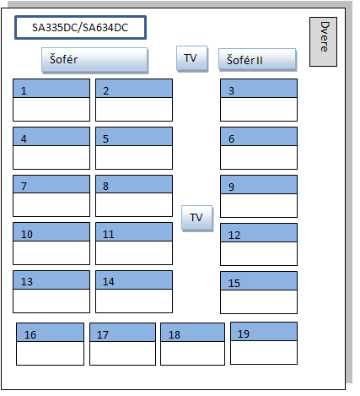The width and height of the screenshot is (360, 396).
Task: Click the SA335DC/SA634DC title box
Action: pyautogui.click(x=80, y=28)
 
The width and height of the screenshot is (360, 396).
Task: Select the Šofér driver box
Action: pyautogui.click(x=94, y=60)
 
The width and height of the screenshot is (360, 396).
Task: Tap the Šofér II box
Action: pyautogui.click(x=257, y=60)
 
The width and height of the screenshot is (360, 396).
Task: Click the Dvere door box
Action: pyautogui.click(x=323, y=41)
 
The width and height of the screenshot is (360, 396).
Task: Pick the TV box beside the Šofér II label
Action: pyautogui.click(x=192, y=58)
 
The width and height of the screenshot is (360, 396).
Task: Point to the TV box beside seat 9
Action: pyautogui.click(x=197, y=218)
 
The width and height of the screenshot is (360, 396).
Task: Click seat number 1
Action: pyautogui.click(x=51, y=100)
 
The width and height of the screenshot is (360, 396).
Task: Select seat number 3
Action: pyautogui.click(x=259, y=100)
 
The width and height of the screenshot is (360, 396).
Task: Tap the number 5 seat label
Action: pyautogui.click(x=105, y=138)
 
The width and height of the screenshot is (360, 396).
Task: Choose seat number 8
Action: pyautogui.click(x=134, y=196)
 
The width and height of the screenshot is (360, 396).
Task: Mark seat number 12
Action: pyautogui.click(x=259, y=244)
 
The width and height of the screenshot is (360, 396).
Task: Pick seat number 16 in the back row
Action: pyautogui.click(x=50, y=344)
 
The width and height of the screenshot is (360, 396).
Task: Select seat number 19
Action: pyautogui.click(x=264, y=344)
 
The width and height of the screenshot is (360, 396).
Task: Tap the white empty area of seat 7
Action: pyautogui.click(x=51, y=204)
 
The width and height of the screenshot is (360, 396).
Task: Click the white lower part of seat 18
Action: pyautogui.click(x=192, y=353)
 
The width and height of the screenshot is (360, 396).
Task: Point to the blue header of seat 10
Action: pyautogui.click(x=51, y=231)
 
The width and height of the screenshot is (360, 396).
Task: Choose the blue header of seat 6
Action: pyautogui.click(x=259, y=136)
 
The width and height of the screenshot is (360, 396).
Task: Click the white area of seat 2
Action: pyautogui.click(x=134, y=109)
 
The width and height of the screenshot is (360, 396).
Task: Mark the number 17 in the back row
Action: pyautogui.click(x=103, y=334)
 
